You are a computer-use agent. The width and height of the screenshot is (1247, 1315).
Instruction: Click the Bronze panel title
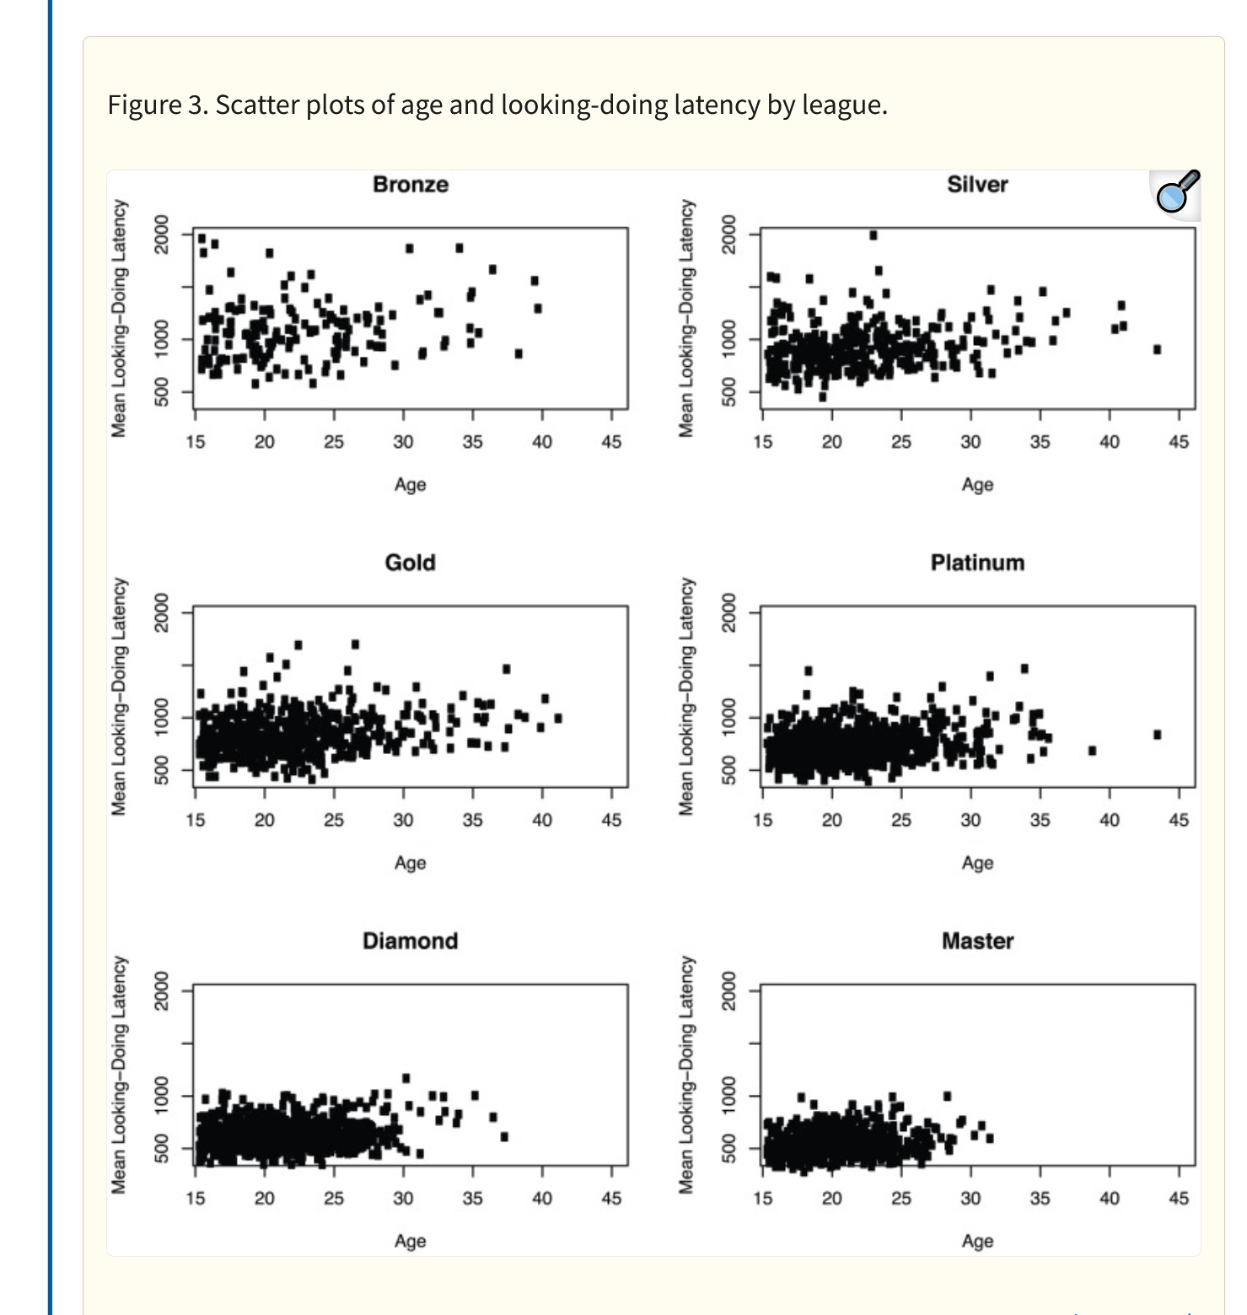click(410, 184)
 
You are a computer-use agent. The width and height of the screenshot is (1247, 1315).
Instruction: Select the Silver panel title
click(976, 184)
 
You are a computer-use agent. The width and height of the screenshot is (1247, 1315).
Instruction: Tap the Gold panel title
click(410, 563)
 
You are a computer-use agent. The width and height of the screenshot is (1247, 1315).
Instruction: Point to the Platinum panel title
click(976, 563)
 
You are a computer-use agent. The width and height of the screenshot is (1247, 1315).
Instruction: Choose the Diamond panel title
click(410, 940)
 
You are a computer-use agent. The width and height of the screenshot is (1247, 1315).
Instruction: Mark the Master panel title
click(976, 940)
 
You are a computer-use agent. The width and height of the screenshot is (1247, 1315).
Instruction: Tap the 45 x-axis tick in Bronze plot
click(610, 441)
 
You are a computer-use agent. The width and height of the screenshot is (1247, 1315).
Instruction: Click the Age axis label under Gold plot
click(410, 863)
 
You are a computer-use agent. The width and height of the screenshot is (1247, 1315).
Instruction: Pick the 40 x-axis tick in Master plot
click(1109, 1198)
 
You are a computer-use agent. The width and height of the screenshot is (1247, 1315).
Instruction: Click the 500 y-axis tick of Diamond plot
click(163, 1148)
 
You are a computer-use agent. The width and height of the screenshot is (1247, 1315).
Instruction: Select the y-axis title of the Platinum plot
click(686, 696)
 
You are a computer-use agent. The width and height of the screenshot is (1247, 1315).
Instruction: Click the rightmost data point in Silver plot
click(1157, 349)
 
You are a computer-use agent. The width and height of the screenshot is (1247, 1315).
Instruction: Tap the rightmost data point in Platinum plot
click(1157, 735)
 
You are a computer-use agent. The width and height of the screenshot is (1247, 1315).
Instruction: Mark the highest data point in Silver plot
click(873, 235)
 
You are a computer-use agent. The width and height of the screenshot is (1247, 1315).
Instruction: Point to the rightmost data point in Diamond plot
click(504, 1136)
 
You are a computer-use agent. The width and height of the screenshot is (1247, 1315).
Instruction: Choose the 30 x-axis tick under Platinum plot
click(970, 820)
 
